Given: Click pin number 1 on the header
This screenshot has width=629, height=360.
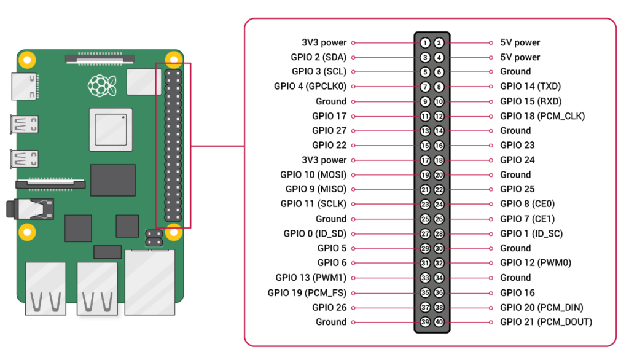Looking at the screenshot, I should (425, 43).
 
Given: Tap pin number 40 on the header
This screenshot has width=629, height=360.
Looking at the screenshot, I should (439, 322).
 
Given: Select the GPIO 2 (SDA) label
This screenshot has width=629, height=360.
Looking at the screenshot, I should (319, 57).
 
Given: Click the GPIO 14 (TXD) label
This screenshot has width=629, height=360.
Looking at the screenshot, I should (530, 87).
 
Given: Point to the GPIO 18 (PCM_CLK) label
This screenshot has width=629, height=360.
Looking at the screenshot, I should (542, 116).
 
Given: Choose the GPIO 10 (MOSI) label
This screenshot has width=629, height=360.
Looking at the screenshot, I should (313, 175).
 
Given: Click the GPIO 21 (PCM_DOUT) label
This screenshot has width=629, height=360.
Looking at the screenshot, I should (546, 322).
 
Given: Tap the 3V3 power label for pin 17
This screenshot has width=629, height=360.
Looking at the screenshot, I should (324, 160).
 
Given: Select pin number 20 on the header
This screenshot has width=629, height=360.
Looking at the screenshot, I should (439, 175).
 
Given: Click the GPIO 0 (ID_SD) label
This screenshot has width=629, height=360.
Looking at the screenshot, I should (315, 233).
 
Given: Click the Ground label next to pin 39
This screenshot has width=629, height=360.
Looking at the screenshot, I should (331, 322).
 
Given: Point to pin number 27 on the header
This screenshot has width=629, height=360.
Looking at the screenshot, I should (425, 233).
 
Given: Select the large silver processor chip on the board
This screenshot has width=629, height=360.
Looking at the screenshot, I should (110, 129).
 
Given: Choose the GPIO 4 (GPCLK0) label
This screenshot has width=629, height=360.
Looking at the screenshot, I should (310, 87).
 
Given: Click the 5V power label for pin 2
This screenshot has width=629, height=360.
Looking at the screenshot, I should (520, 43).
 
